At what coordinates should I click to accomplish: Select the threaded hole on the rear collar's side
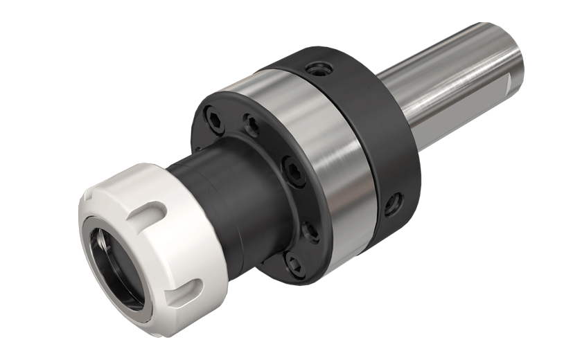[394, 204]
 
